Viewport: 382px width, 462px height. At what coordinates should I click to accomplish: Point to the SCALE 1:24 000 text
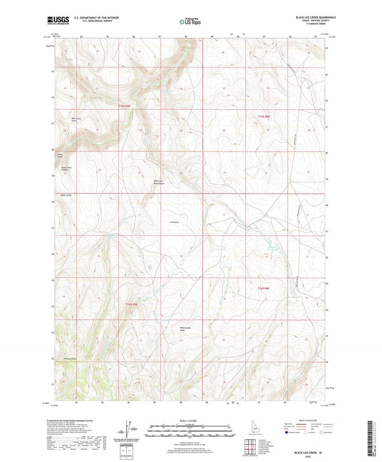coord(191,421)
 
